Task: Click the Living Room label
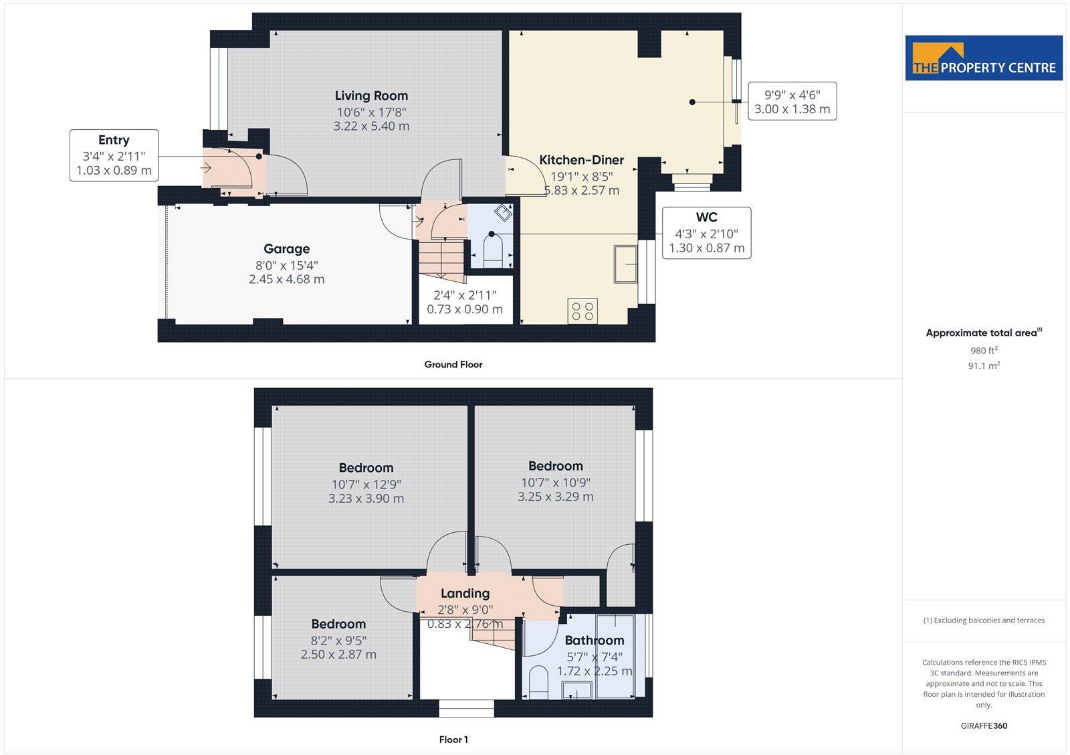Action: (x=371, y=96)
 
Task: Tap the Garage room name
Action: (x=286, y=249)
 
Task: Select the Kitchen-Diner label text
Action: (x=581, y=160)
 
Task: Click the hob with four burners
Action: (x=582, y=311)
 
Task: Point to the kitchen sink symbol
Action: (x=626, y=264)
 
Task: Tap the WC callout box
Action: (x=706, y=233)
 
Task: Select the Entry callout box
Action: (x=114, y=155)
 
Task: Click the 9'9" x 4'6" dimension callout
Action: (x=792, y=102)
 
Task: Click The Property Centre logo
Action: (x=984, y=59)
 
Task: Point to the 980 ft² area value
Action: (x=983, y=350)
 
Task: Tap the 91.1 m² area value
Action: (x=983, y=365)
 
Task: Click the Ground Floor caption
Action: (x=453, y=365)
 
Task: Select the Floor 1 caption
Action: (x=453, y=740)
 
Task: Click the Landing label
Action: (x=465, y=593)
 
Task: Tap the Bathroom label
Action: (x=594, y=641)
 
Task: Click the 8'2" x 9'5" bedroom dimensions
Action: (x=338, y=641)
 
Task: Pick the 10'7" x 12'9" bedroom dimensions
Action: (x=366, y=484)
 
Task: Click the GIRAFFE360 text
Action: (x=983, y=726)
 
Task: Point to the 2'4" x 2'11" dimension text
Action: (x=465, y=295)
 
